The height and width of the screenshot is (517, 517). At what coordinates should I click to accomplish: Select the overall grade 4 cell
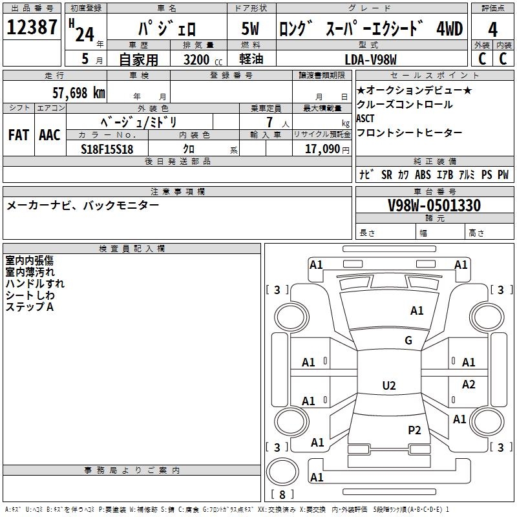click(492, 30)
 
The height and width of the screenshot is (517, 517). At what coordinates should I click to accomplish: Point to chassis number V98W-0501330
click(434, 206)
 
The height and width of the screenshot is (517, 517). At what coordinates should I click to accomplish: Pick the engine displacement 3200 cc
click(198, 59)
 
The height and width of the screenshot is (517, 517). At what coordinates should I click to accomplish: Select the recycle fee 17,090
click(322, 149)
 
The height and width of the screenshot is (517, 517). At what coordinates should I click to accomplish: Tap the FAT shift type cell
click(18, 135)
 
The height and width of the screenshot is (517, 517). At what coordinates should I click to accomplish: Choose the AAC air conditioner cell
click(49, 135)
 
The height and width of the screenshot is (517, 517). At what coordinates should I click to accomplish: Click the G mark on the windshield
click(408, 341)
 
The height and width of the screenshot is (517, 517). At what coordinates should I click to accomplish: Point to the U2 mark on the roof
click(389, 386)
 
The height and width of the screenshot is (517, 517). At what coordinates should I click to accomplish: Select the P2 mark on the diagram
click(414, 430)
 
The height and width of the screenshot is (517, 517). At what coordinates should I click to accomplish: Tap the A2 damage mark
click(469, 385)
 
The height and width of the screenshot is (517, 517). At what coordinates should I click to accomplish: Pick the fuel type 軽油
click(250, 59)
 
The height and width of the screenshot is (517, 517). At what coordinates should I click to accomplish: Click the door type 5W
click(250, 30)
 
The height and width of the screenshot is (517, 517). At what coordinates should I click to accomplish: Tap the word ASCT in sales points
click(366, 118)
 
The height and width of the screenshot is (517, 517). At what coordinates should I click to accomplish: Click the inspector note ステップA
click(29, 307)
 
